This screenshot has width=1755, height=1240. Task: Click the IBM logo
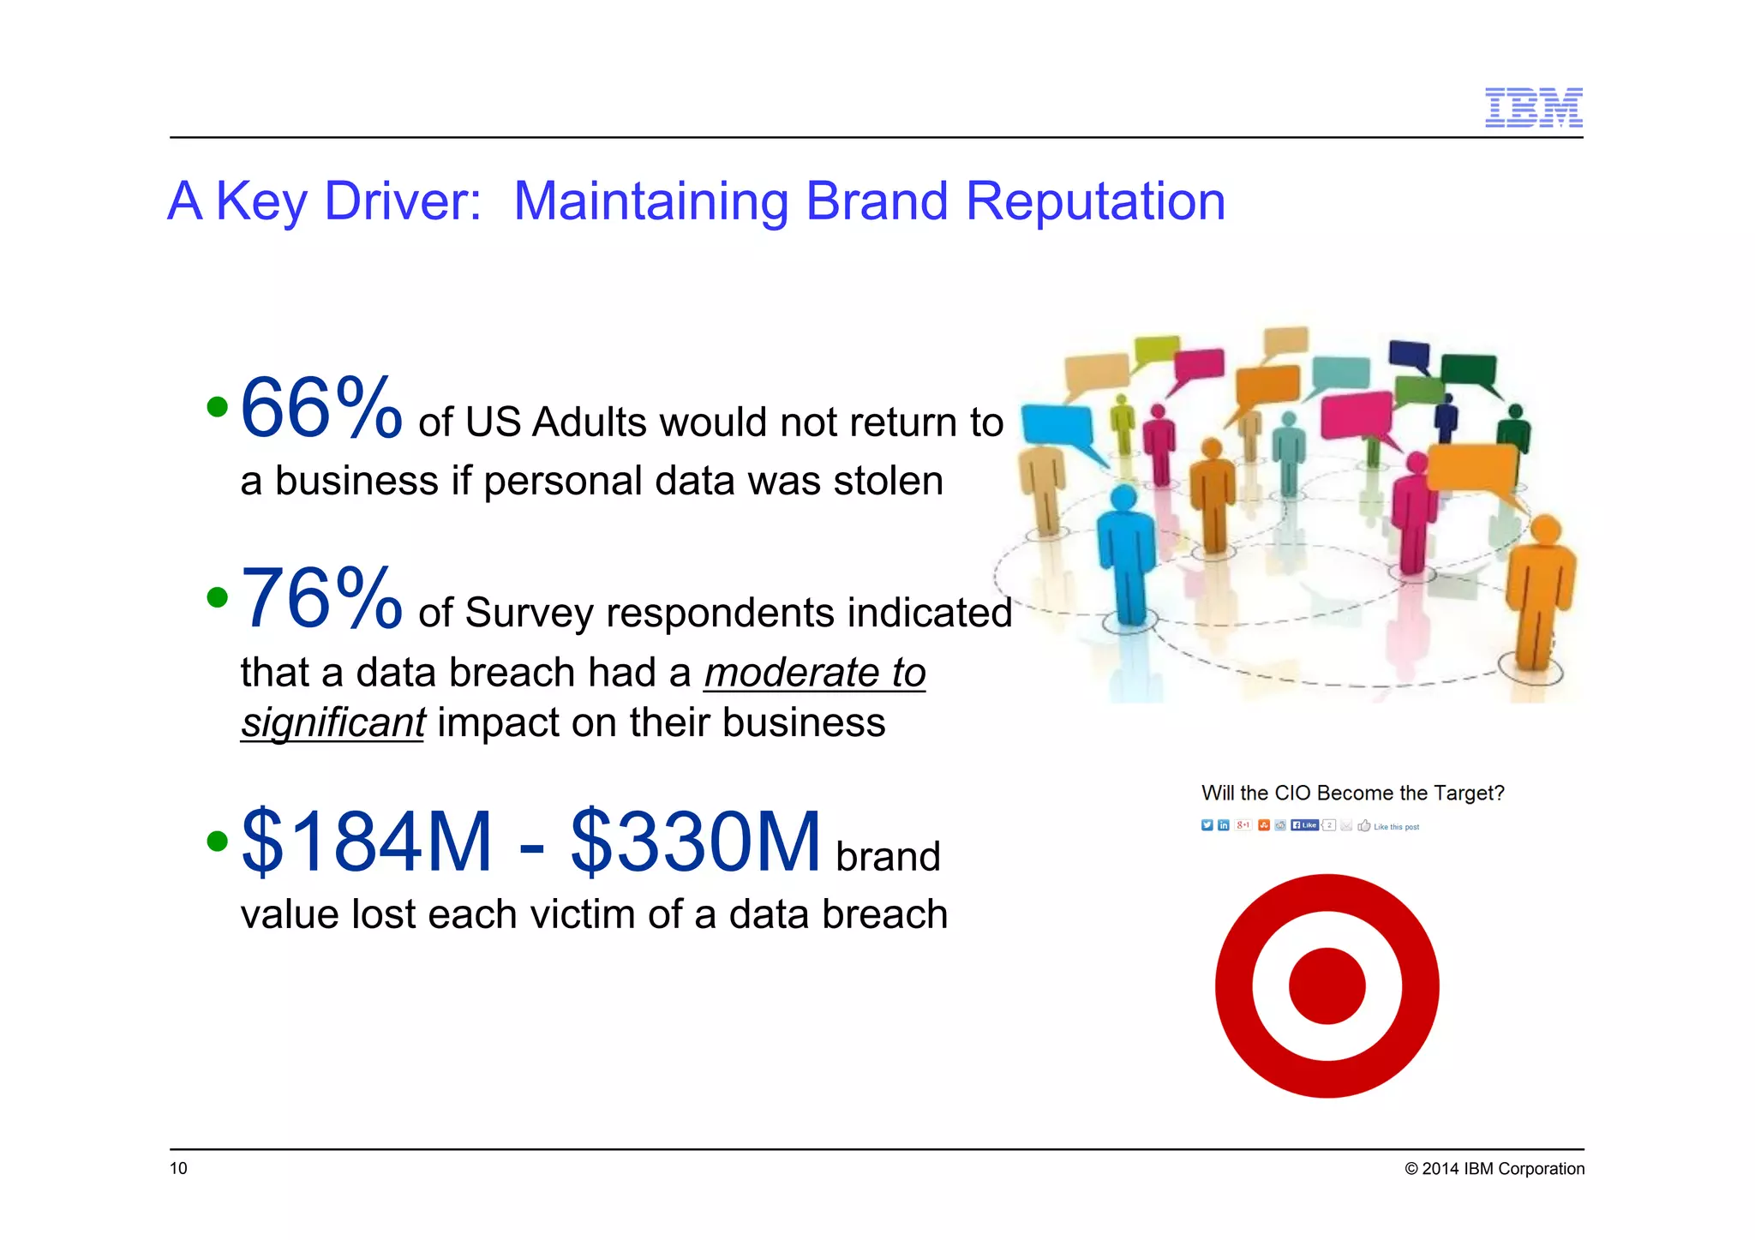[x=1533, y=108]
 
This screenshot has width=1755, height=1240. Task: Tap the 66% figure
[x=320, y=410]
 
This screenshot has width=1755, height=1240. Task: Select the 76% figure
[x=320, y=600]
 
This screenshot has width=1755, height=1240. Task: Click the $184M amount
[x=367, y=842]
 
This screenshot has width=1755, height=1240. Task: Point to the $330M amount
[x=695, y=842]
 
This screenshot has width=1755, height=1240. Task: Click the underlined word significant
[x=332, y=722]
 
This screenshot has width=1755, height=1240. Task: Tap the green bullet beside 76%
[x=218, y=597]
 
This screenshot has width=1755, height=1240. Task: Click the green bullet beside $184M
[x=218, y=841]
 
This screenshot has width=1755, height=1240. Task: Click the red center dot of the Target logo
[x=1327, y=985]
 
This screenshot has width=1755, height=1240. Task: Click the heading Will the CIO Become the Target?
[x=1352, y=793]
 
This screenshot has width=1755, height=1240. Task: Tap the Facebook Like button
[x=1304, y=825]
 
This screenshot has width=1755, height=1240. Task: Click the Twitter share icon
[x=1207, y=825]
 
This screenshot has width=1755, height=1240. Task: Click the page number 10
[x=178, y=1168]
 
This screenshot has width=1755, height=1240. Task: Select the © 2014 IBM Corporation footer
[x=1494, y=1169]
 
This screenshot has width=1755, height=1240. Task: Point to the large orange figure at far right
[x=1540, y=591]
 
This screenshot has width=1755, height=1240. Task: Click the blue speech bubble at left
[x=1057, y=426]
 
